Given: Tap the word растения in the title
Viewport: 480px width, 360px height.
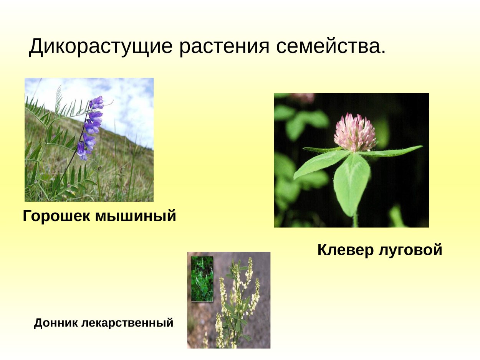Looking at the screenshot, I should (x=225, y=47).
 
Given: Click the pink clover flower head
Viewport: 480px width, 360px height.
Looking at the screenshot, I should (x=354, y=132).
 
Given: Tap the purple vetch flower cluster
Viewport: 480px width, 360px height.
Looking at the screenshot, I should (x=91, y=127).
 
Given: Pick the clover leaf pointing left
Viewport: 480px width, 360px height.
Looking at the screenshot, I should (x=319, y=163).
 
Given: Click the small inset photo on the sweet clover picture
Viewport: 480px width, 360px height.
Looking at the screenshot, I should (x=202, y=279).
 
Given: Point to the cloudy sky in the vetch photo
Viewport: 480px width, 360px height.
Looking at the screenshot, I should (x=127, y=104).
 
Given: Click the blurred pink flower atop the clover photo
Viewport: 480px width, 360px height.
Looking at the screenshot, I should (x=303, y=98).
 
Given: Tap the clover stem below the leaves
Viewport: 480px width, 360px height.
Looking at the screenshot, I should (x=355, y=221).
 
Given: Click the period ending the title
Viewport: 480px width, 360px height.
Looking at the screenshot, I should (x=382, y=53).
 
